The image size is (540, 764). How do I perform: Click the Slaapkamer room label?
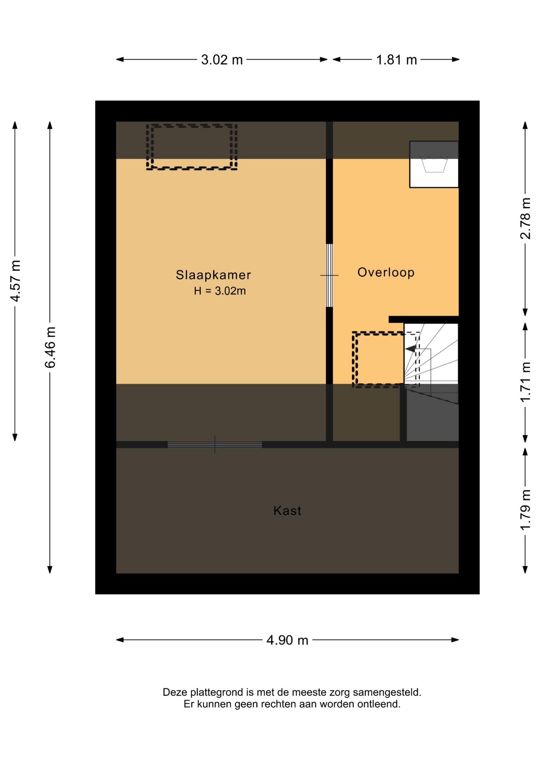[213, 275]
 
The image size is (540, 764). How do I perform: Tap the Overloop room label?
[386, 272]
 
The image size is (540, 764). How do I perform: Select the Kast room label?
[287, 511]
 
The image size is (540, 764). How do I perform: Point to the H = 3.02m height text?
[219, 291]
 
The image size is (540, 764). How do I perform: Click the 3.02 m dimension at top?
[221, 60]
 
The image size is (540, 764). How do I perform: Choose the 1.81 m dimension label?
[396, 60]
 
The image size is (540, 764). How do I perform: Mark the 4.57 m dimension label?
[15, 281]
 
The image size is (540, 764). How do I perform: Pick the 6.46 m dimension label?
[50, 347]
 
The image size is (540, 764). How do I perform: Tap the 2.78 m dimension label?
[525, 218]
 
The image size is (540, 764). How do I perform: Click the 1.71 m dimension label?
[525, 382]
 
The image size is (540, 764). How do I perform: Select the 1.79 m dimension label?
[525, 510]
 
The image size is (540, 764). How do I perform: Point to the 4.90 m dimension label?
[287, 640]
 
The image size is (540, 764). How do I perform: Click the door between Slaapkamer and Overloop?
[329, 275]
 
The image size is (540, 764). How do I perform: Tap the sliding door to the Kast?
[215, 444]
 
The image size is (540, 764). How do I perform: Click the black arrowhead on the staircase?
[410, 349]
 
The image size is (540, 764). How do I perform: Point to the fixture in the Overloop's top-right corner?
[434, 164]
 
